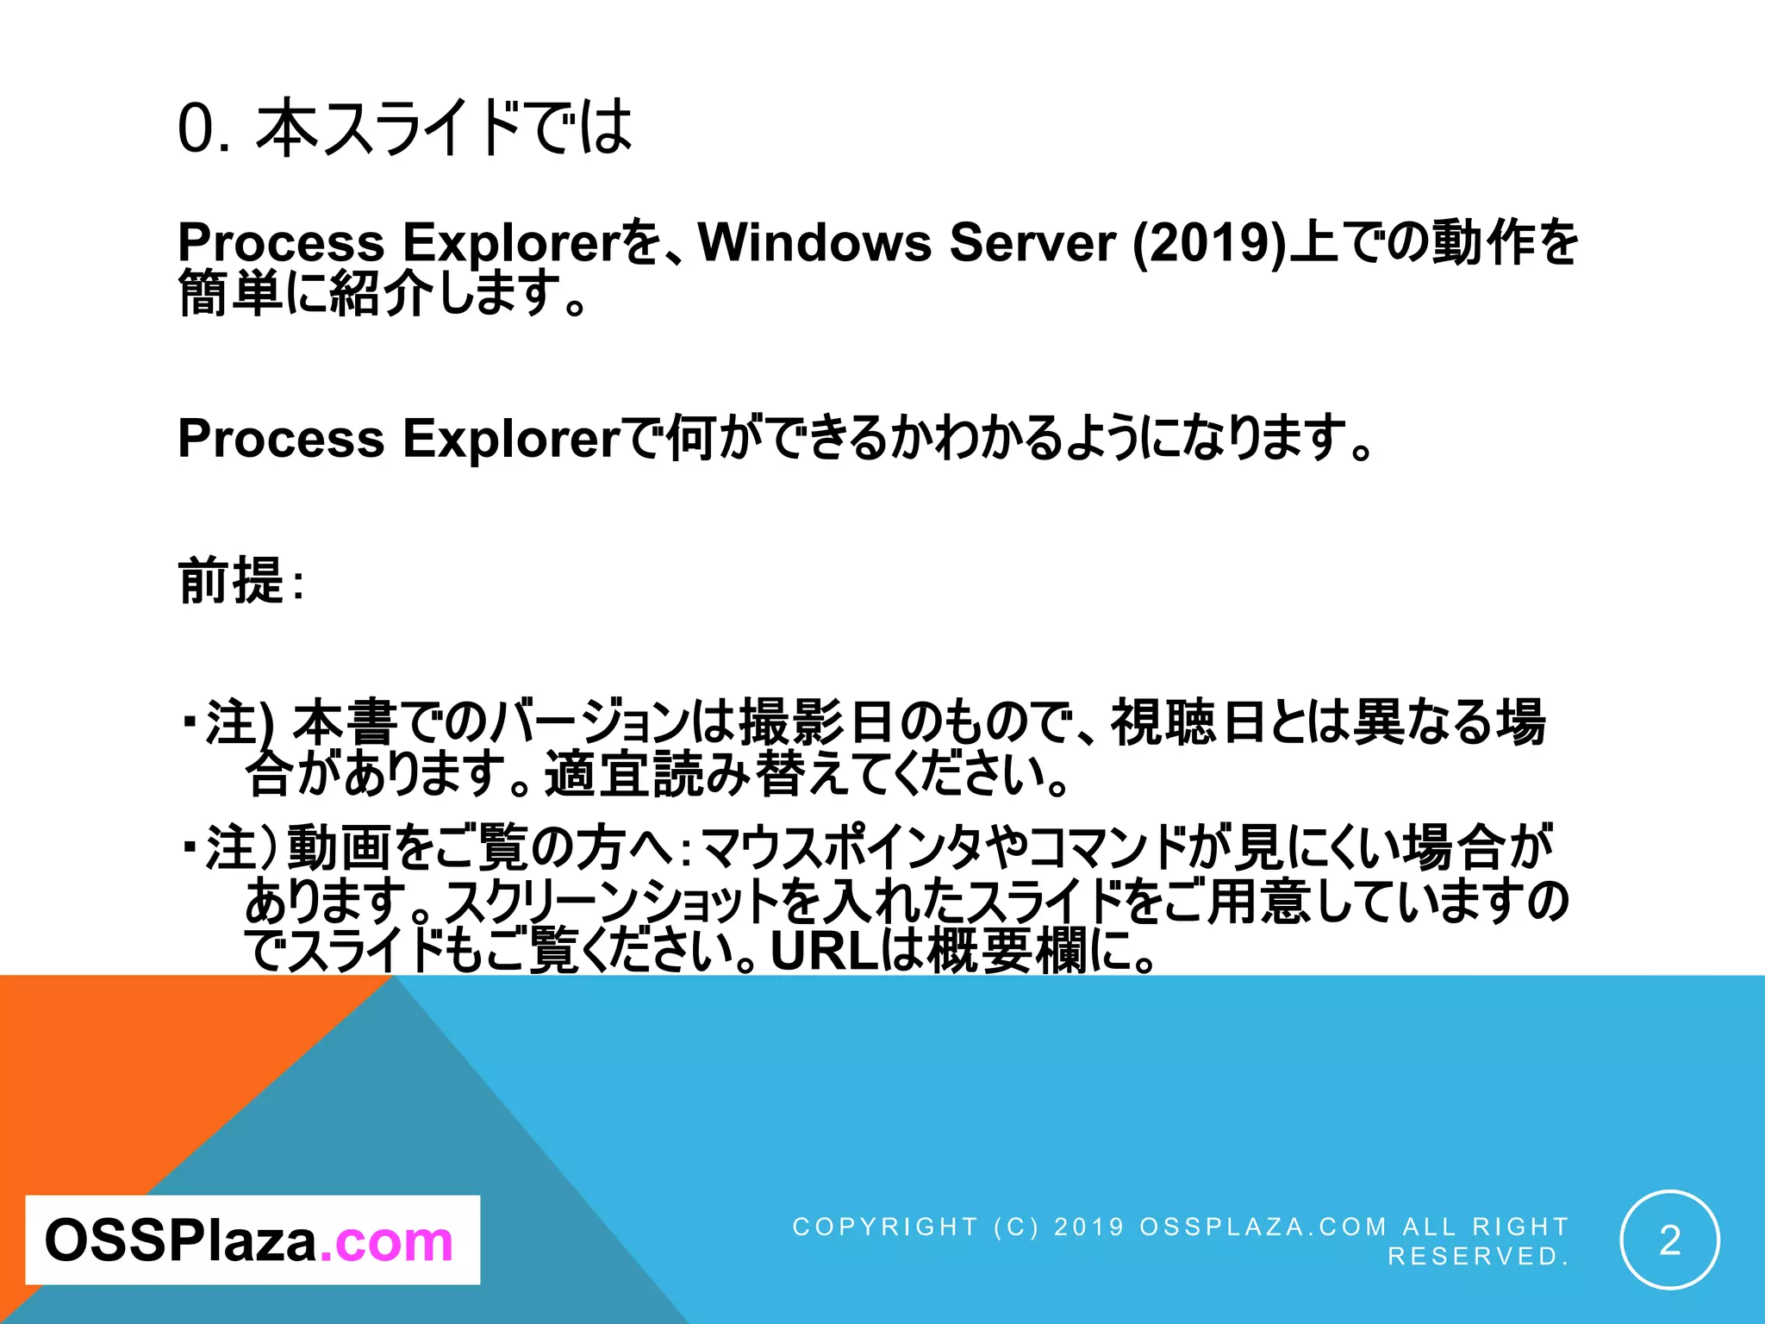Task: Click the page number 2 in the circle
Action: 1669,1240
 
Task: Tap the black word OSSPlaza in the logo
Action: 181,1240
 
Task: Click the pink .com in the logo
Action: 386,1240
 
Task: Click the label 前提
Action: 231,581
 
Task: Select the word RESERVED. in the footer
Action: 1478,1256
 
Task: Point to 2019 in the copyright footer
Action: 1089,1227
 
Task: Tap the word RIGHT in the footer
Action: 1520,1227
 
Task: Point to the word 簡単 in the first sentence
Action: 230,293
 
